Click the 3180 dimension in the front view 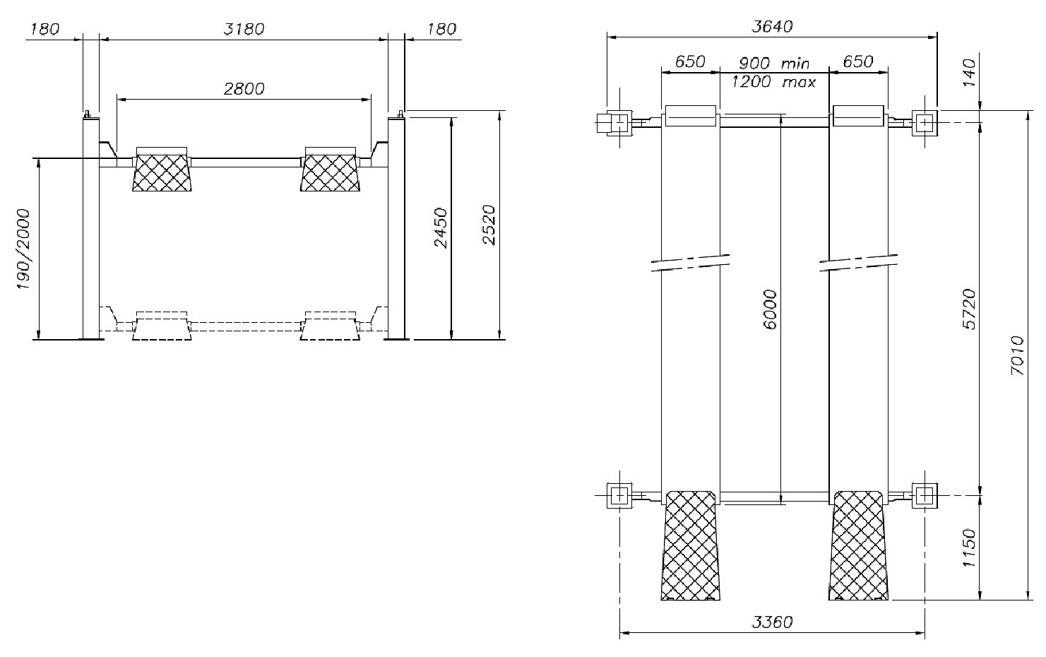coord(243,30)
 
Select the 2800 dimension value coord(244,89)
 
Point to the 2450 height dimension coord(441,227)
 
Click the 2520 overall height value coord(489,225)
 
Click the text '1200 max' coord(773,83)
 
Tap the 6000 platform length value coord(771,309)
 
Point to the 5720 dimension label coord(969,309)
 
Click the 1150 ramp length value coord(969,548)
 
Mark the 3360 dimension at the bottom coord(771,622)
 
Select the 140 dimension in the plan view coord(969,73)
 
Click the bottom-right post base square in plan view coord(924,496)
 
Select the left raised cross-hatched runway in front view coord(162,172)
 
